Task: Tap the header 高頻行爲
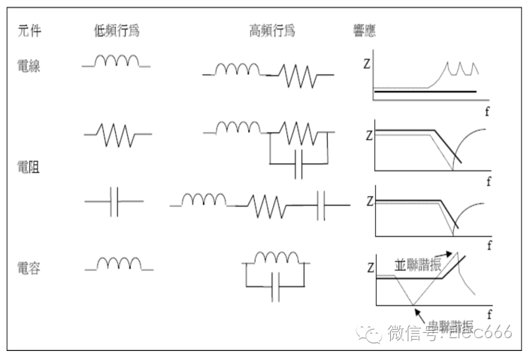coord(271,31)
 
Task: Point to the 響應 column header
coord(365,31)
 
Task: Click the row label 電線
coord(29,66)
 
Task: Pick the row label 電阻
coord(29,166)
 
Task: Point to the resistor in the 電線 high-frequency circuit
coord(300,74)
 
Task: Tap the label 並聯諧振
coord(417,265)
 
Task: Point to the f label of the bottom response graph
coord(489,312)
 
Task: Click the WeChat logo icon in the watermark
coord(370,333)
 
